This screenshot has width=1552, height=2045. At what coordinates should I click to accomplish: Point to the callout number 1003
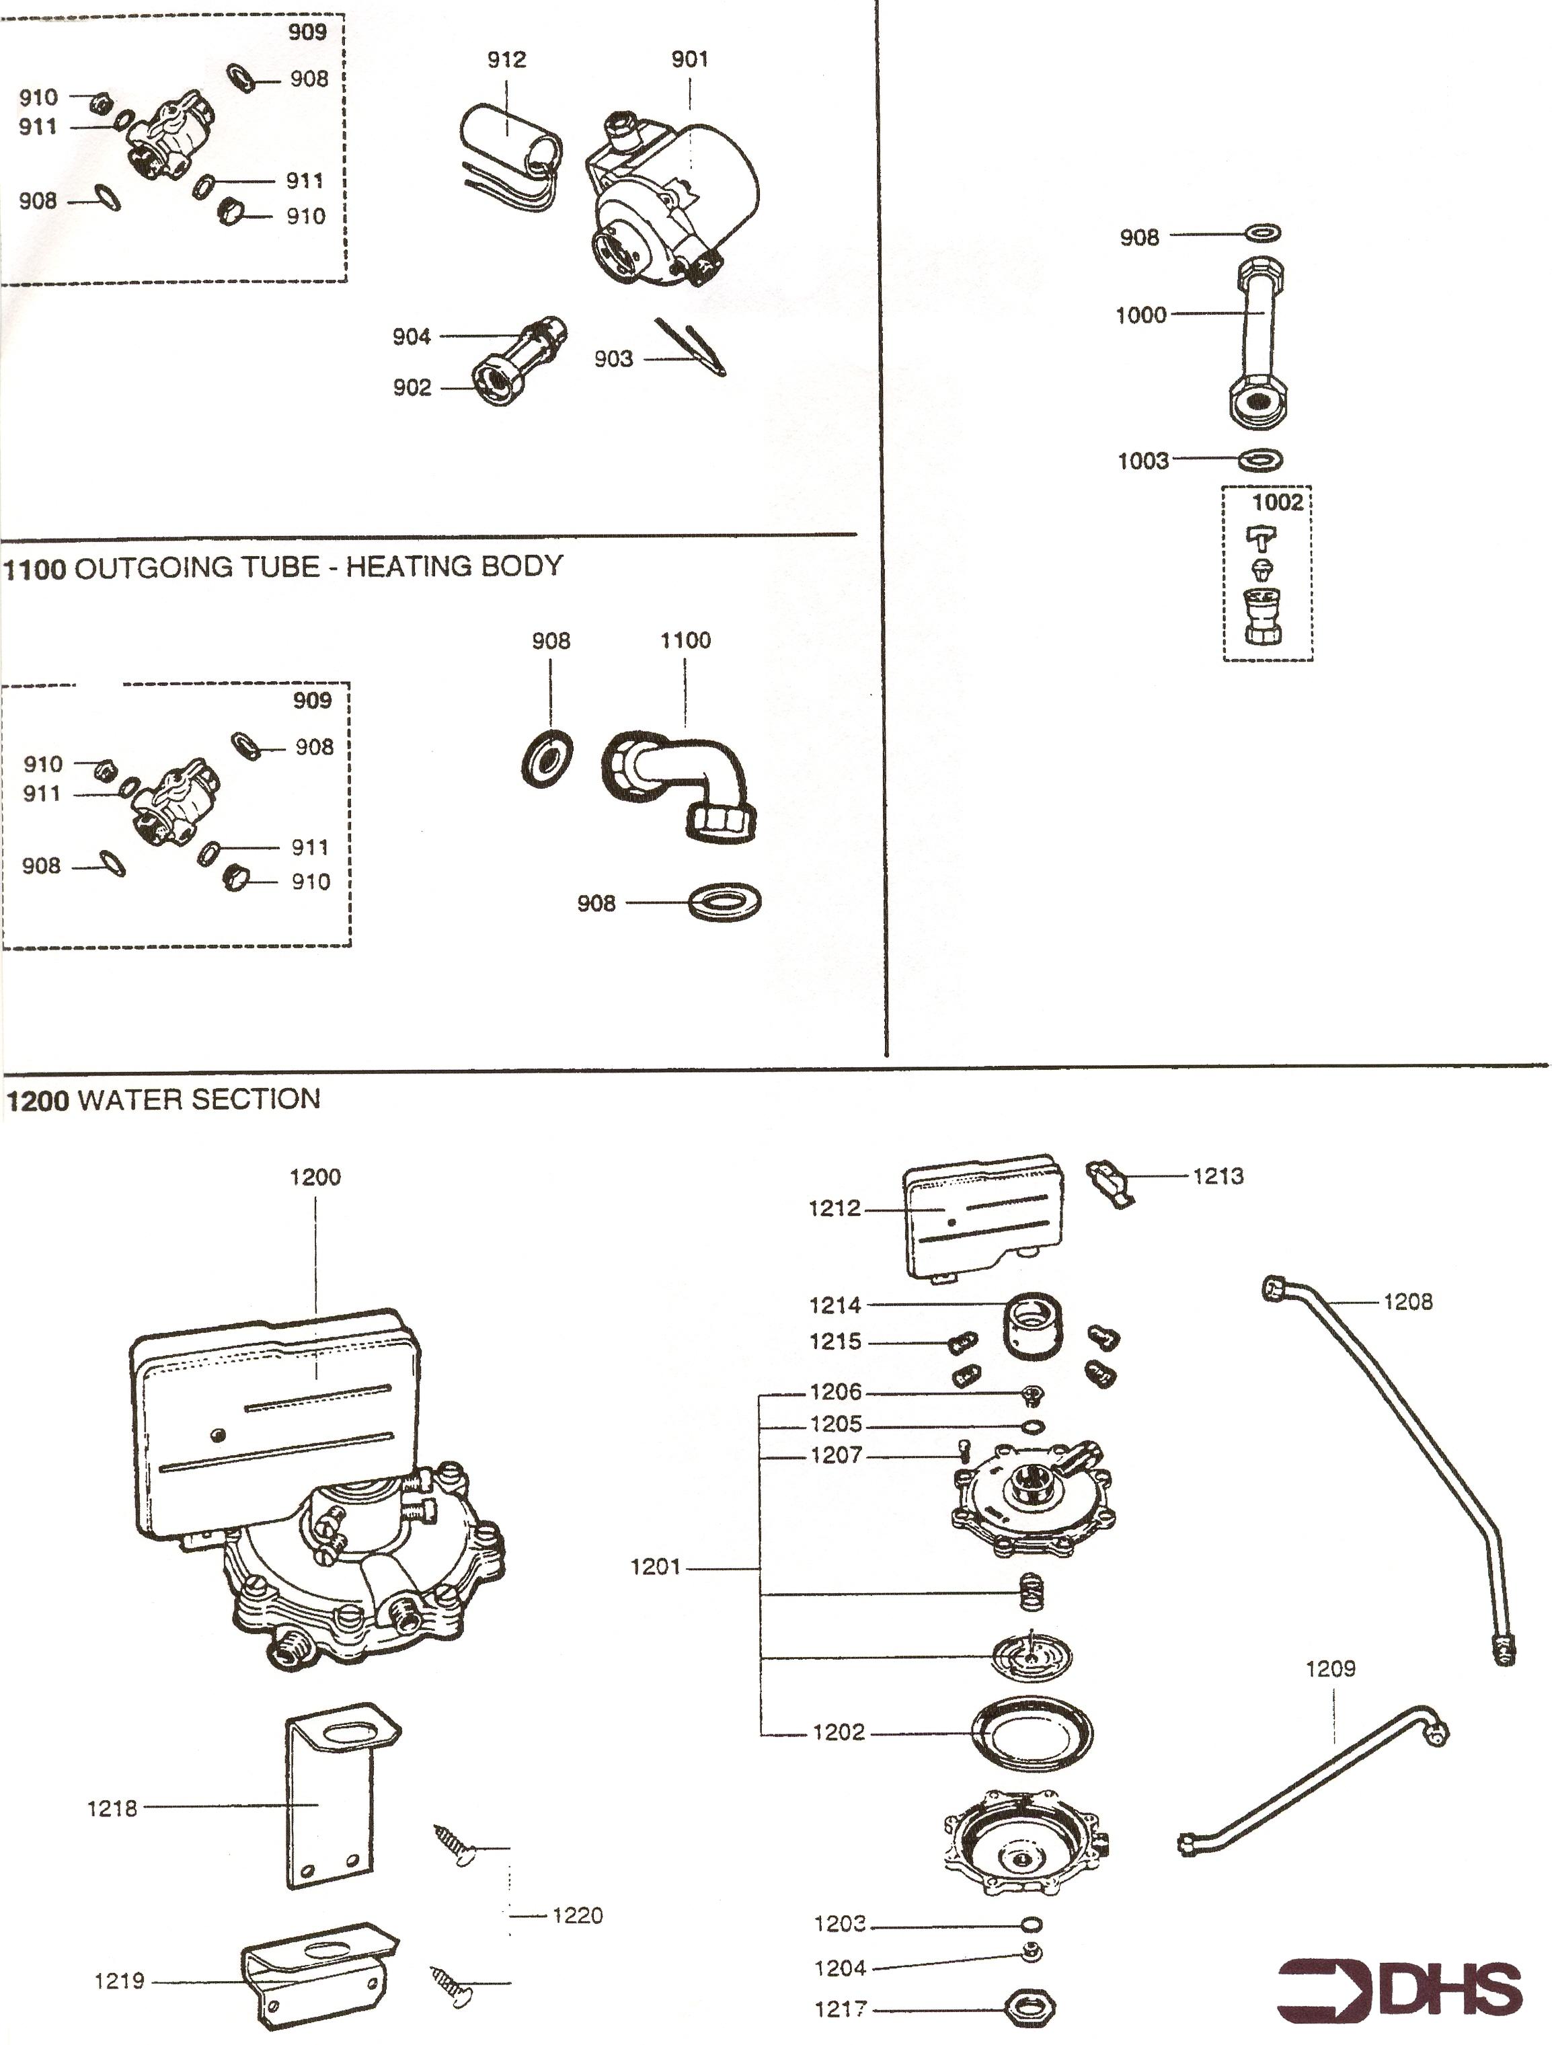tap(1142, 461)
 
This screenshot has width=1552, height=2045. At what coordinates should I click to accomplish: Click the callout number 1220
tap(577, 1915)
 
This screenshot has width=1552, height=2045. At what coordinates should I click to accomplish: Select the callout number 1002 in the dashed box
tap(1276, 502)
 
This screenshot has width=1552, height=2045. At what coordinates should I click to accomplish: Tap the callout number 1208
tap(1407, 1302)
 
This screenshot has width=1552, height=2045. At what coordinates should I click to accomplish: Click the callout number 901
tap(689, 59)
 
